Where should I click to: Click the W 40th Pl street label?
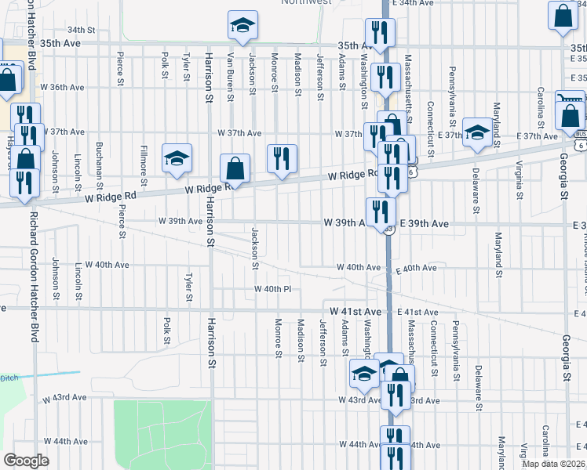(x=273, y=290)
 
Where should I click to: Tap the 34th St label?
(x=81, y=30)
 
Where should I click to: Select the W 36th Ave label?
(x=66, y=87)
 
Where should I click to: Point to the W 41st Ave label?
(x=355, y=312)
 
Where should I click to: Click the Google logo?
(x=26, y=461)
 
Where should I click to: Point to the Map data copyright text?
(x=553, y=464)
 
